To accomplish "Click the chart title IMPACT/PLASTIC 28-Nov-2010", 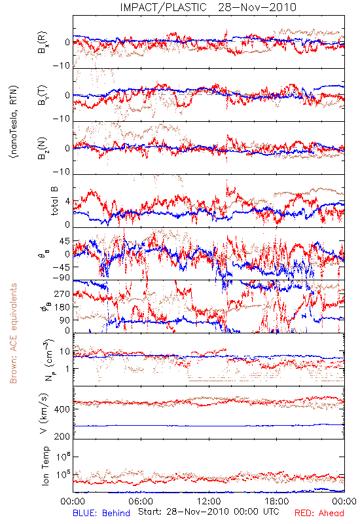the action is (x=208, y=7).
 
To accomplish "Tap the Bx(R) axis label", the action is (x=43, y=42).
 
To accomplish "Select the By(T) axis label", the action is (x=43, y=95).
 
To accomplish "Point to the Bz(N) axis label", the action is (x=43, y=148).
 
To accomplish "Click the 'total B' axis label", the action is (x=54, y=201).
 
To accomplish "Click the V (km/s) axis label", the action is (x=44, y=413).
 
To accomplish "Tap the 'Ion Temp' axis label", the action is (x=45, y=466).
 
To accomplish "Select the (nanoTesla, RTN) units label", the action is (x=14, y=122).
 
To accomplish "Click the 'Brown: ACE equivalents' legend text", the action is (x=13, y=333).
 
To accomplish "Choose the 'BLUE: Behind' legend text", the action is (x=101, y=513).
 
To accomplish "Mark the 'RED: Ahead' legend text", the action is (x=319, y=513).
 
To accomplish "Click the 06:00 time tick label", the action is (x=141, y=501).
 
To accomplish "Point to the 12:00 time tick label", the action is (x=209, y=501).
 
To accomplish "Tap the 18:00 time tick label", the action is (x=277, y=501).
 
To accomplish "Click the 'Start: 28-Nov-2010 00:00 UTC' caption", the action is (x=208, y=512).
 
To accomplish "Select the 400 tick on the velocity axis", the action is (x=62, y=409).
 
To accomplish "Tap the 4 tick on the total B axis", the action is (x=67, y=201).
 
